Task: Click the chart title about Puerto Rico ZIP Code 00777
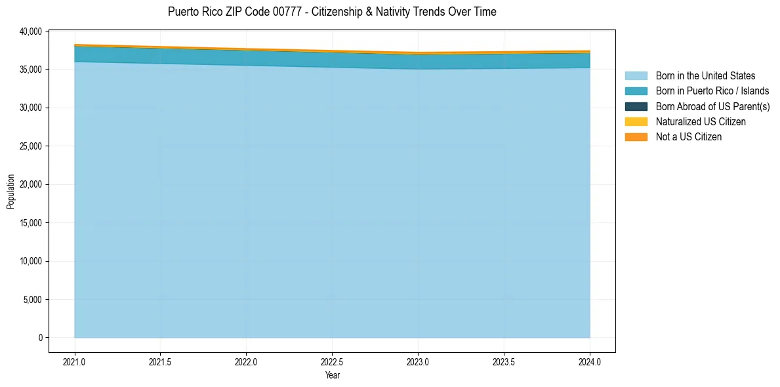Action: (332, 12)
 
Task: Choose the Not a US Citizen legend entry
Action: (688, 136)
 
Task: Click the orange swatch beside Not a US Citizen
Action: (636, 136)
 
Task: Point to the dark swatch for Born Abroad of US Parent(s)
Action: (636, 106)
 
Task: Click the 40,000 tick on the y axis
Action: (31, 31)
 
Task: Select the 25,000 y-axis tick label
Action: (31, 146)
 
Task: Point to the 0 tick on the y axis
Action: (40, 338)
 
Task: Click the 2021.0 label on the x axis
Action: (75, 361)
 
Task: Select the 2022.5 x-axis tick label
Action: (332, 361)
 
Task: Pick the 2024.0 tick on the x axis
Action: (590, 361)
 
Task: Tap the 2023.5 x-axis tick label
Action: (504, 361)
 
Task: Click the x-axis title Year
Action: (332, 375)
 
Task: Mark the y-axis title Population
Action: (10, 192)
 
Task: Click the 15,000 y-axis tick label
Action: (31, 223)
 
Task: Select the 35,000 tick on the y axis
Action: (31, 69)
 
